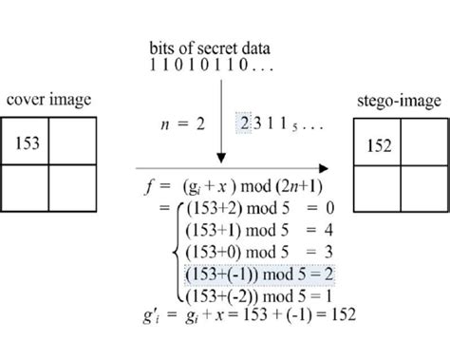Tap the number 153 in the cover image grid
click(30, 141)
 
